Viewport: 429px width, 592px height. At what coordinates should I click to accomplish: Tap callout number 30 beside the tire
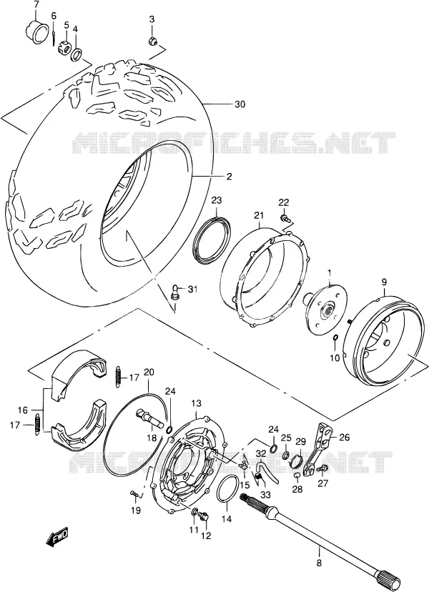(x=240, y=104)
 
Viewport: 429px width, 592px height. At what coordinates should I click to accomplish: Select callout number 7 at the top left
(x=36, y=5)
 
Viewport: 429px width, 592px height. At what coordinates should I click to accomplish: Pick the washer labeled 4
(x=76, y=54)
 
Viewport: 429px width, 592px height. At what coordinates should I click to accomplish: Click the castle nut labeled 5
(x=64, y=48)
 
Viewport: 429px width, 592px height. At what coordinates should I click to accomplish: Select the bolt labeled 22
(x=285, y=217)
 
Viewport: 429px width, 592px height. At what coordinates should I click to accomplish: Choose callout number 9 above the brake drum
(x=384, y=282)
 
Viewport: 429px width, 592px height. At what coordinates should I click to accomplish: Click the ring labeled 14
(x=227, y=489)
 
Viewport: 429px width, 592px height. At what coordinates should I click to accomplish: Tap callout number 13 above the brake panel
(x=196, y=403)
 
